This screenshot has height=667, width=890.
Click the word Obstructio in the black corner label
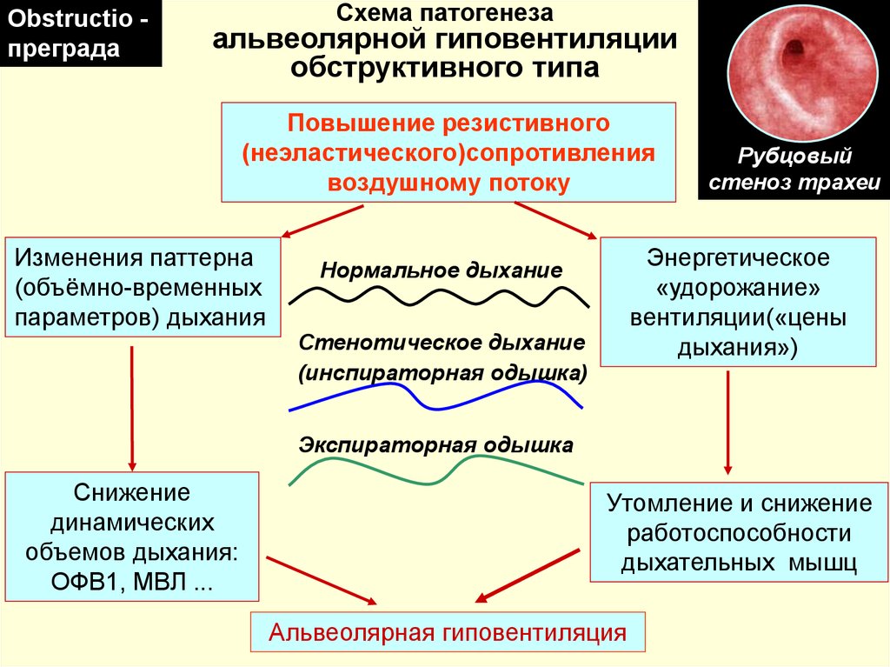[70, 19]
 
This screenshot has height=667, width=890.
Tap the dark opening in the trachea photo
[793, 53]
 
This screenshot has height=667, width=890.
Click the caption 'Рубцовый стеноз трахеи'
[794, 169]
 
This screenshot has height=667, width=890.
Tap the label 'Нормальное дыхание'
[441, 270]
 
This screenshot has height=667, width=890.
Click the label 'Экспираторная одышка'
[436, 445]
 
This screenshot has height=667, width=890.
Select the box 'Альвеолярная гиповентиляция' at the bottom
[448, 631]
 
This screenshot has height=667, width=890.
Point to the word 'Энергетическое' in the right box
[738, 258]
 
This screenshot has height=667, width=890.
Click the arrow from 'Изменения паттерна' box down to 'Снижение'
[132, 408]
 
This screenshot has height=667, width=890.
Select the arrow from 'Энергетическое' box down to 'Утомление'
[727, 423]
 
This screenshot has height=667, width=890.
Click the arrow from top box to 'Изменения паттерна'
[322, 221]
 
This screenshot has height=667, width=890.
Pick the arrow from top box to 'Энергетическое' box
[555, 220]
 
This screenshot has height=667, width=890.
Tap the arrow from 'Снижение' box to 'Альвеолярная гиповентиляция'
[322, 580]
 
